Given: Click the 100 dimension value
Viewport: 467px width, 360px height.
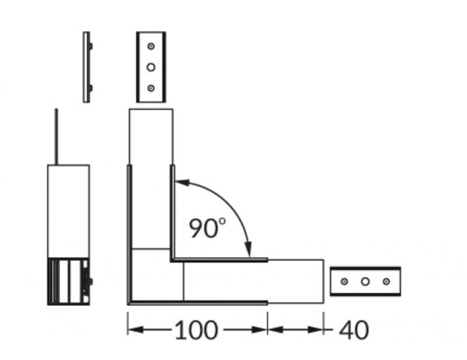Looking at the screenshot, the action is pyautogui.click(x=196, y=330).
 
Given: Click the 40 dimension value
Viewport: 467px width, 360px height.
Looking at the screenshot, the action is pyautogui.click(x=354, y=330).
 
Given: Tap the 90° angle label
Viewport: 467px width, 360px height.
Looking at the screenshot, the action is pyautogui.click(x=207, y=228).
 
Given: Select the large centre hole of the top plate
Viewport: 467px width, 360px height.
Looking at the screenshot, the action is pyautogui.click(x=151, y=67).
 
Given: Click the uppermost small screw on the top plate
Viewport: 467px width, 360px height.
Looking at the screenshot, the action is pyautogui.click(x=151, y=46).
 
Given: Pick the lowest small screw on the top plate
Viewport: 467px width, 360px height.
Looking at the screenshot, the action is pyautogui.click(x=151, y=88).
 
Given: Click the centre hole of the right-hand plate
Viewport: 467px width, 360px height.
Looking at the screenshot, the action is pyautogui.click(x=365, y=281).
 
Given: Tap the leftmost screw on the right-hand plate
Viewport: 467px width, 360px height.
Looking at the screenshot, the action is pyautogui.click(x=344, y=281).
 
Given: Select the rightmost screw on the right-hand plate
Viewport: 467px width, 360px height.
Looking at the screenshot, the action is pyautogui.click(x=386, y=281).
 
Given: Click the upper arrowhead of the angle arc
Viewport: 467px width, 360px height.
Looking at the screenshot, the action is pyautogui.click(x=182, y=182).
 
